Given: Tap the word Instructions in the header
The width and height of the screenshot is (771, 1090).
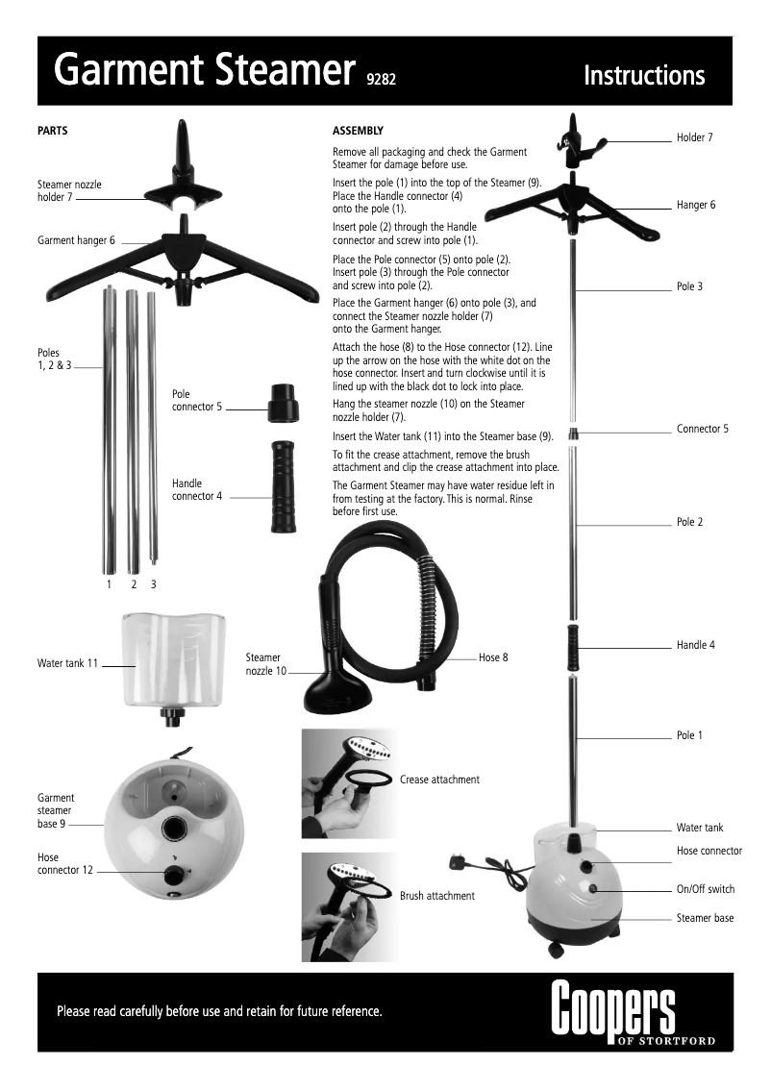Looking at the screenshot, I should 644,75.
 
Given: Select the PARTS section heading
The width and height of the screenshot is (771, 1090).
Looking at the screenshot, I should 52,131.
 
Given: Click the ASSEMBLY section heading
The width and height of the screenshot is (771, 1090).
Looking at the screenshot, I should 358,131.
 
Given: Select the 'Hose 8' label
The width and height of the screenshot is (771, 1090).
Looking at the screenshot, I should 493,657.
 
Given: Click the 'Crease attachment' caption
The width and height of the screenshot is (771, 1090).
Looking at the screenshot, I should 439,780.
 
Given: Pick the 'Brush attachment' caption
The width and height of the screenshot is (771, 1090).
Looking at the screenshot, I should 437,896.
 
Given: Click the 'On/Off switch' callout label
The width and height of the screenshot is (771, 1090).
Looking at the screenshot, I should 706,889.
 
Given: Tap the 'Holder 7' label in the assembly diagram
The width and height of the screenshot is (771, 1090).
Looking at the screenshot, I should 695,137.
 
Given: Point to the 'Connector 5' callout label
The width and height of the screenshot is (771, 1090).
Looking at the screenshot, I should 703,429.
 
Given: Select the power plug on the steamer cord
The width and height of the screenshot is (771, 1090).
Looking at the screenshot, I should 457,855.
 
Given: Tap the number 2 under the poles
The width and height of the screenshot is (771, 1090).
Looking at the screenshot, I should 134,584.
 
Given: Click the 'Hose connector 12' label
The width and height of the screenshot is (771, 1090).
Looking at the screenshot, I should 65,863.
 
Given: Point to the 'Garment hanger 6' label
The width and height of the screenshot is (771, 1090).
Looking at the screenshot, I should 76,240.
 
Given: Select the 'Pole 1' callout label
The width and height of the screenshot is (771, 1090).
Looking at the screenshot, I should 690,735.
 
